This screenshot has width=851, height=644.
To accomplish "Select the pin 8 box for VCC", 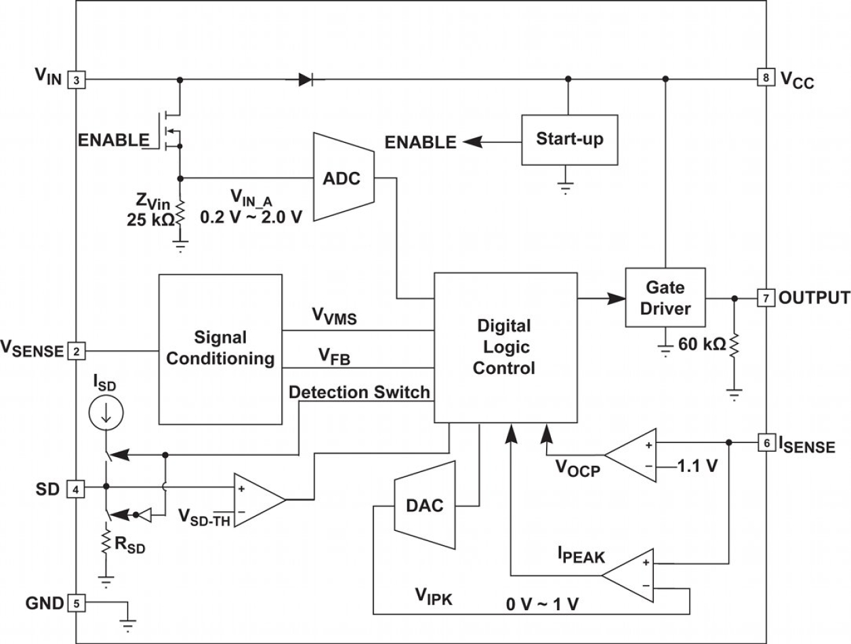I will [x=765, y=79].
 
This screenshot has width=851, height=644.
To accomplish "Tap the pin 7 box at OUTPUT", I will [x=765, y=298].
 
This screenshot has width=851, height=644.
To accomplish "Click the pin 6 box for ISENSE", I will [x=765, y=443].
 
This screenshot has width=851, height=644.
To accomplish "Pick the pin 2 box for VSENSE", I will [x=76, y=351].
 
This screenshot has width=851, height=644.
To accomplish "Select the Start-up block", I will [x=569, y=139].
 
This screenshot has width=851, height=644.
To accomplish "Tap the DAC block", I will [x=424, y=505].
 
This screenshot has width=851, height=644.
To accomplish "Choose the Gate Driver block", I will [x=665, y=299].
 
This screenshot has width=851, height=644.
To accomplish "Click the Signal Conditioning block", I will [x=220, y=348].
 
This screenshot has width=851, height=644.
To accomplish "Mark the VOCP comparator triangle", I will [x=631, y=455].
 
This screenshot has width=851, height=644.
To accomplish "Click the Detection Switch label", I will [x=359, y=392].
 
